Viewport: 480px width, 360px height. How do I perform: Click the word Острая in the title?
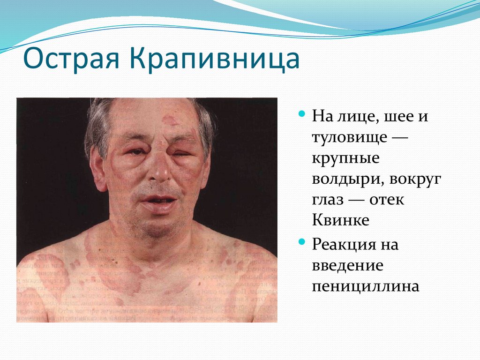(70, 60)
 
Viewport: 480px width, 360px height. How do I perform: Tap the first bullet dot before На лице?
(302, 114)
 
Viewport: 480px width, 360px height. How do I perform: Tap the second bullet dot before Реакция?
(302, 242)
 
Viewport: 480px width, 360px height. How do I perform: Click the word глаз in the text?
(328, 200)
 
